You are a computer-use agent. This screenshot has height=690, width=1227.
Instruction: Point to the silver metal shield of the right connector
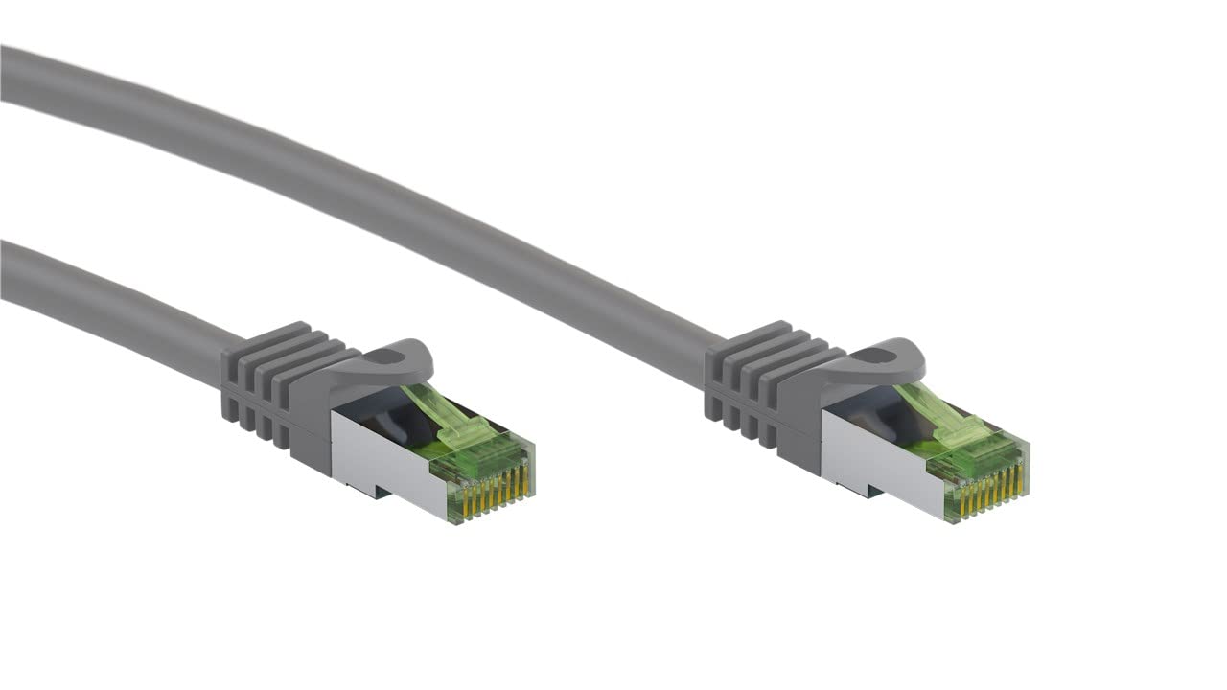pos(868,455)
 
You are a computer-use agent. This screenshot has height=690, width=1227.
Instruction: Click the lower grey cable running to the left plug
pos(105,302)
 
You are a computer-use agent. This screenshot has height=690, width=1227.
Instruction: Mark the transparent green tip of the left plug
pos(479,460)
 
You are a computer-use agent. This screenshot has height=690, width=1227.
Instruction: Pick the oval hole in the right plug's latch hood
pos(877,356)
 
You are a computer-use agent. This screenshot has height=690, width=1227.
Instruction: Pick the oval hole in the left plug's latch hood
pos(386,357)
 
